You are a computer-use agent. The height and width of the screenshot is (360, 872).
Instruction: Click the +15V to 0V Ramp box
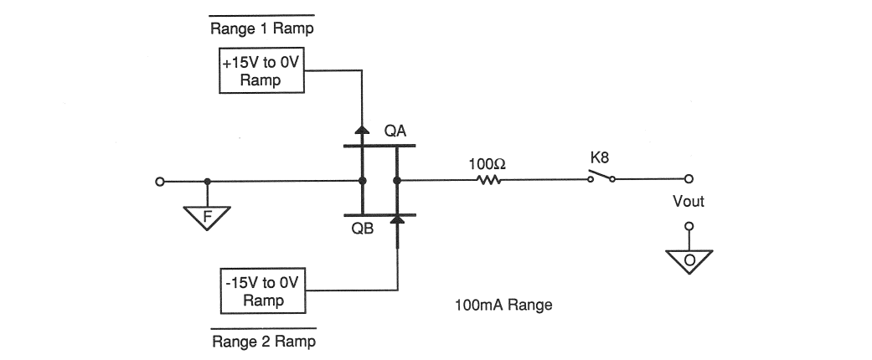pyautogui.click(x=260, y=71)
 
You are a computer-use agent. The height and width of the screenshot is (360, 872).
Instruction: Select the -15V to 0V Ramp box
pyautogui.click(x=260, y=291)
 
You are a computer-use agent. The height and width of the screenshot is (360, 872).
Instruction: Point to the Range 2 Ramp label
pyautogui.click(x=263, y=342)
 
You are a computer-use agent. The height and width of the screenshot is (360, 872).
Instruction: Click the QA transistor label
pyautogui.click(x=396, y=131)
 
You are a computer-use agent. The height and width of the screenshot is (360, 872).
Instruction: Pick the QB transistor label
pyautogui.click(x=362, y=229)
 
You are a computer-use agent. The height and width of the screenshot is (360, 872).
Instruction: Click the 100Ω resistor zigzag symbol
pyautogui.click(x=488, y=180)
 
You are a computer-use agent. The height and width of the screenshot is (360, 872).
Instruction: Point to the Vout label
pyautogui.click(x=689, y=202)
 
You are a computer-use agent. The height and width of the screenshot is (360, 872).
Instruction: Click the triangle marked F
pyautogui.click(x=207, y=219)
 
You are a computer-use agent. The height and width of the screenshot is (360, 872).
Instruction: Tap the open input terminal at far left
pyautogui.click(x=159, y=180)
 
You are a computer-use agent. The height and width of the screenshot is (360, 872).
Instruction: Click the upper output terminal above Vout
pyautogui.click(x=689, y=179)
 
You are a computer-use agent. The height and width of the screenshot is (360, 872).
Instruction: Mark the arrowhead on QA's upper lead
pyautogui.click(x=362, y=130)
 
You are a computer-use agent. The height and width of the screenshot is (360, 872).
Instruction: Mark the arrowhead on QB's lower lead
pyautogui.click(x=396, y=219)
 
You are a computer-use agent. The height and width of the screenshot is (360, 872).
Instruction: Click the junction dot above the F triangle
pyautogui.click(x=207, y=180)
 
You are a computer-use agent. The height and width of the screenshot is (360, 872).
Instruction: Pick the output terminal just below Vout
pyautogui.click(x=689, y=225)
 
